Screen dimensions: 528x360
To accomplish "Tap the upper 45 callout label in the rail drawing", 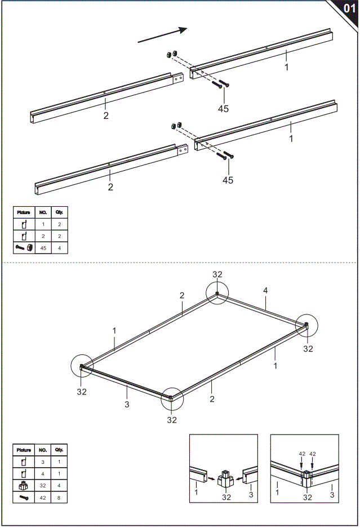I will pyautogui.click(x=223, y=108).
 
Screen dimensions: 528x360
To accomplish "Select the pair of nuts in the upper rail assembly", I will pyautogui.click(x=171, y=54).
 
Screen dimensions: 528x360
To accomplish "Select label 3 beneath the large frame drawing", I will pyautogui.click(x=127, y=405).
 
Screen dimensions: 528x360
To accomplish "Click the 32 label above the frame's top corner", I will pyautogui.click(x=217, y=274).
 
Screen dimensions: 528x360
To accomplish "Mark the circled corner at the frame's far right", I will pyautogui.click(x=306, y=326).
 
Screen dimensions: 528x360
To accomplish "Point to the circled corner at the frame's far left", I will pyautogui.click(x=82, y=367).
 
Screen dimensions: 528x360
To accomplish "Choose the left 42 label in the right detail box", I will pyautogui.click(x=302, y=454).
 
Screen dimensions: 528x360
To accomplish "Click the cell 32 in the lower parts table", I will pyautogui.click(x=43, y=485).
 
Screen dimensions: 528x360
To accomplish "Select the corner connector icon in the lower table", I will pyautogui.click(x=24, y=485).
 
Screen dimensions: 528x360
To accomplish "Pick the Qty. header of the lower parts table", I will pyautogui.click(x=59, y=450).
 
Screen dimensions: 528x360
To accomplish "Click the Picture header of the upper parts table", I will pyautogui.click(x=24, y=212).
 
